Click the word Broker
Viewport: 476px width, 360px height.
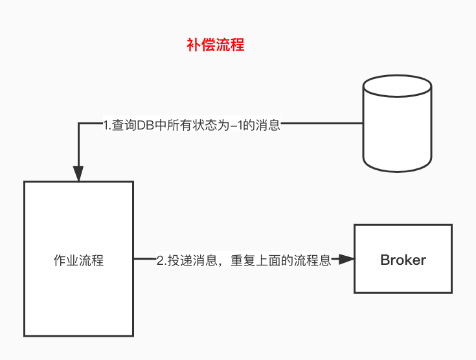(x=403, y=260)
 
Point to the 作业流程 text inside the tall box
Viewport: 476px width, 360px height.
(x=78, y=261)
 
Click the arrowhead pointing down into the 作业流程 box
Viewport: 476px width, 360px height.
(x=78, y=174)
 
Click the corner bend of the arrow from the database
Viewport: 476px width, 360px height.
(x=78, y=123)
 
